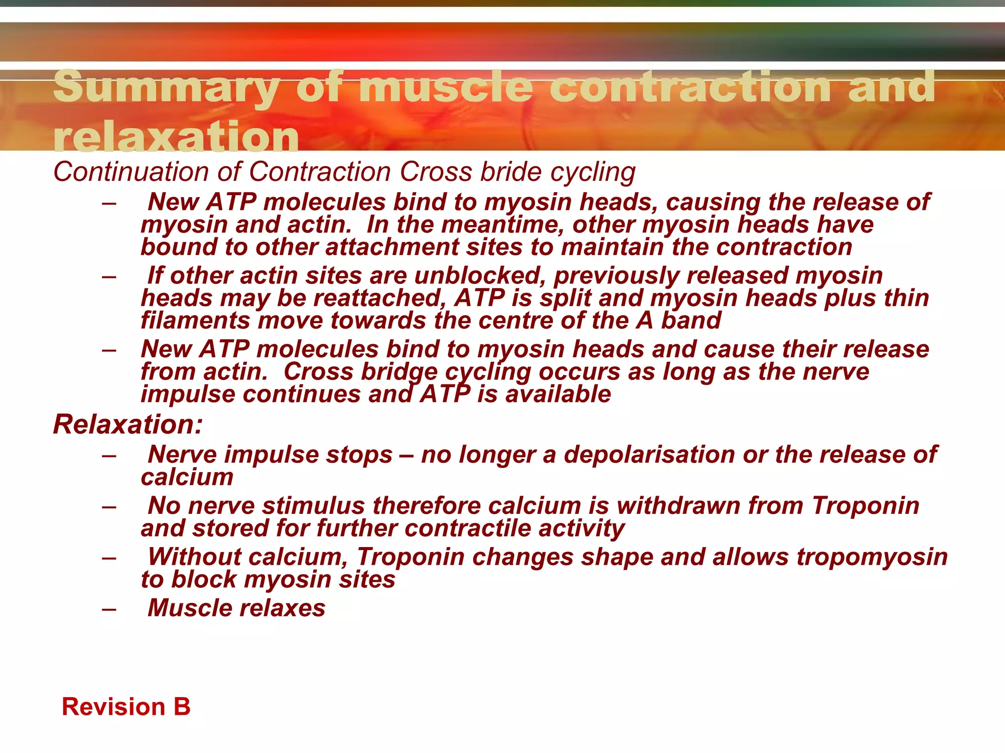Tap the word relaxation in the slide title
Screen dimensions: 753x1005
click(x=176, y=137)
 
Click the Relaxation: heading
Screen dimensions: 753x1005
click(x=128, y=425)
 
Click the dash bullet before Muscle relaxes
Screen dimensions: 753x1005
click(x=109, y=609)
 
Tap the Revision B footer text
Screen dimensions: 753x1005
click(x=126, y=707)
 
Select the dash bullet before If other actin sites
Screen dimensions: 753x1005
click(x=109, y=276)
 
